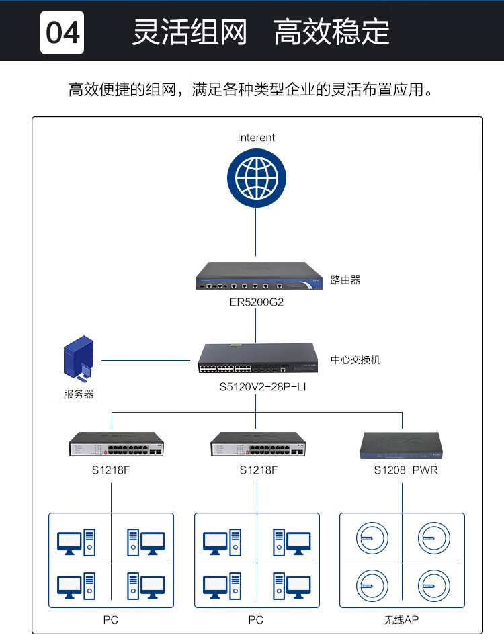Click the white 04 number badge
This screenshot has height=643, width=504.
tap(62, 32)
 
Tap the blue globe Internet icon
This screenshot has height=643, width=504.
tap(257, 178)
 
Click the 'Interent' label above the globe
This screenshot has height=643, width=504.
tap(256, 137)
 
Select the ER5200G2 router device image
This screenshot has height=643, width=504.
tap(259, 275)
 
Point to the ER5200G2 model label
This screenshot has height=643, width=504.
tap(256, 302)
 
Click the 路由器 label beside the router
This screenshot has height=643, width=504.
tap(345, 280)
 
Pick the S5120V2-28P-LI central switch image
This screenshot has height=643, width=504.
tap(258, 358)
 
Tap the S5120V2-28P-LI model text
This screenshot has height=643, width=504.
tap(263, 387)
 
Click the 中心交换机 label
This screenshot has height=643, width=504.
tap(355, 360)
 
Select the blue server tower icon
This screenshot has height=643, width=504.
tap(79, 357)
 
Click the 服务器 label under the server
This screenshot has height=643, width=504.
tap(79, 394)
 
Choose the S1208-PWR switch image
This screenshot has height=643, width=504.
tap(401, 445)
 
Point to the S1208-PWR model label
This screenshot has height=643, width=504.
tap(406, 470)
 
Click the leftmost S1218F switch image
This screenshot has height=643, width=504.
tap(116, 444)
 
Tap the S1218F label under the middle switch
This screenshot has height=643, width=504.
tap(258, 470)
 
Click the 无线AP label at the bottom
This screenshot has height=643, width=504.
tap(401, 619)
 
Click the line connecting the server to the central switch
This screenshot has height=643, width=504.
tap(146, 360)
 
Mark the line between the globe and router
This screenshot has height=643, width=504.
tap(256, 232)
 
